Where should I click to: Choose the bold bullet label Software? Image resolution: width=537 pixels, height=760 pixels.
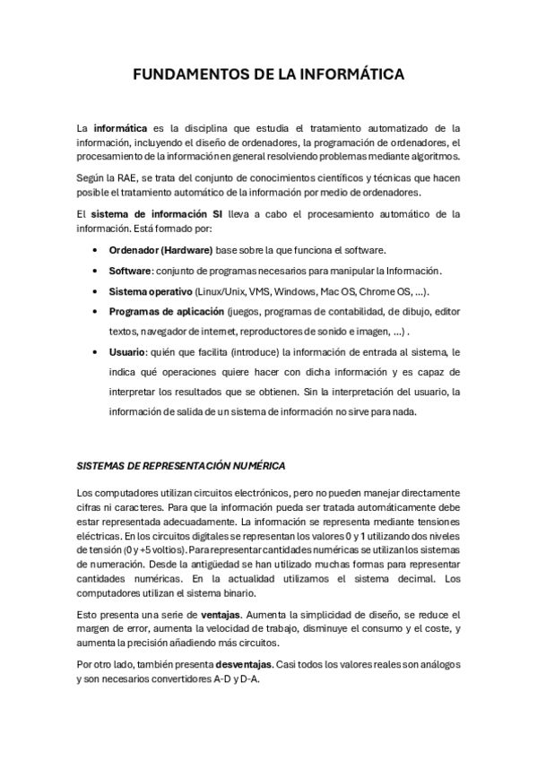pos(129,271)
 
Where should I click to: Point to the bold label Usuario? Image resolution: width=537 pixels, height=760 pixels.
pos(127,353)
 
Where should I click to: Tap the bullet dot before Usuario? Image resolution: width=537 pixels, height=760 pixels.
pos(95,353)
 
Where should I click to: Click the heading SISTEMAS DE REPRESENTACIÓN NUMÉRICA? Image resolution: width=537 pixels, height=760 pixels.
pos(181,466)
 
